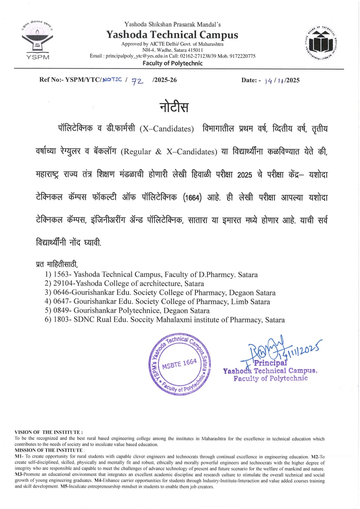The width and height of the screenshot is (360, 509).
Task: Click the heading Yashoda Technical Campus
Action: [x=172, y=34]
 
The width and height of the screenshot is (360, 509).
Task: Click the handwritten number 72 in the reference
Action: [x=138, y=81]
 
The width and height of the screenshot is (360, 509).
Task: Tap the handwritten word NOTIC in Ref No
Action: [x=112, y=80]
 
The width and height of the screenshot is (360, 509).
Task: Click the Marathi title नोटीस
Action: [x=174, y=107]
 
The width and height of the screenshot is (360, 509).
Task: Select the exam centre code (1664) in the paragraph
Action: [x=192, y=198]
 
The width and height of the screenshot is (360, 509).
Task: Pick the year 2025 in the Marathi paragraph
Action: [x=244, y=175]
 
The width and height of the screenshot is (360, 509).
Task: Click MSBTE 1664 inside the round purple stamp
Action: [x=180, y=364]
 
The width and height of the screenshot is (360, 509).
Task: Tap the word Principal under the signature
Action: [x=270, y=363]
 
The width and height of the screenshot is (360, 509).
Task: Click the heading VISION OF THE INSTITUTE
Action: [x=48, y=432]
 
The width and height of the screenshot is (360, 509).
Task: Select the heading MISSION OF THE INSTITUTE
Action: [x=49, y=450]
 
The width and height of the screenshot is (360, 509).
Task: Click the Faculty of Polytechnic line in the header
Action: [x=172, y=63]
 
